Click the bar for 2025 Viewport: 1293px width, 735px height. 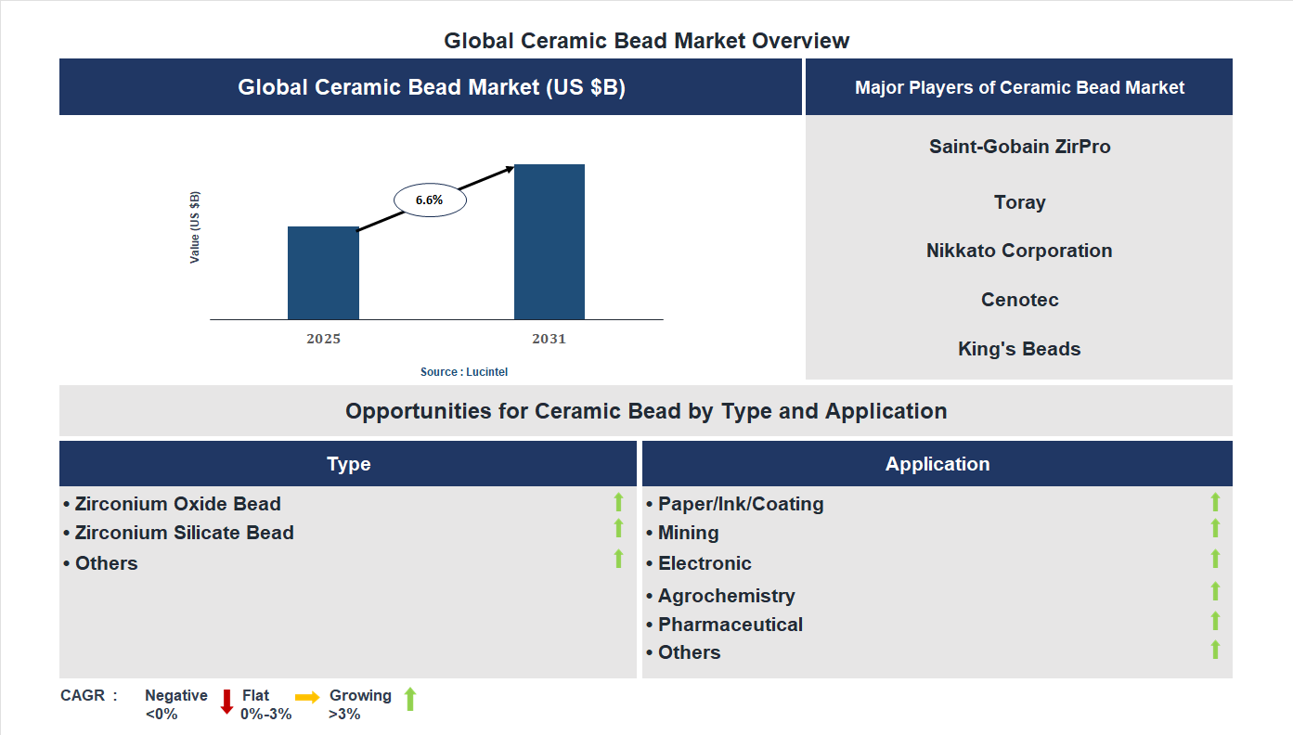(323, 273)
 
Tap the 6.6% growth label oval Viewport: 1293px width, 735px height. (430, 200)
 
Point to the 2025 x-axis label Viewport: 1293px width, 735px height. (323, 339)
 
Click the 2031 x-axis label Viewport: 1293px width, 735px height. (549, 339)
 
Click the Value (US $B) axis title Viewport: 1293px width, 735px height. (195, 227)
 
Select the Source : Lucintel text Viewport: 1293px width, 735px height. (464, 371)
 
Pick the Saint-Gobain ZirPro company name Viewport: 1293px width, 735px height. (1019, 147)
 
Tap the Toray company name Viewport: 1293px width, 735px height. (1019, 202)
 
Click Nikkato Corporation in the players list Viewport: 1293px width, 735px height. (1019, 251)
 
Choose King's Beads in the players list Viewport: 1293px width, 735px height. (1019, 349)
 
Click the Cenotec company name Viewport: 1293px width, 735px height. (1019, 300)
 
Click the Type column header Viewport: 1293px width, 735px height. (348, 464)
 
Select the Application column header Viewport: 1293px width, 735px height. (937, 464)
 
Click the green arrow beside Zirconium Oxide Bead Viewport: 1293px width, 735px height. (618, 502)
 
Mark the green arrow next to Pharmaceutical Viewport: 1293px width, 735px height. (1215, 621)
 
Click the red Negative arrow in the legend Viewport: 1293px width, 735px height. (226, 701)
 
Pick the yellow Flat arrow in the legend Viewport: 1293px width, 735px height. (307, 697)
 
